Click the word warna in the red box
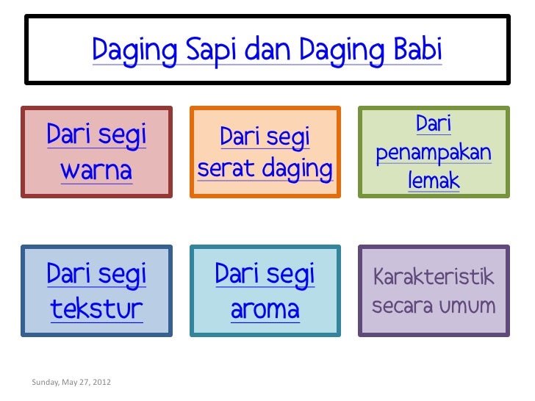[96, 170]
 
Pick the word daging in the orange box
[296, 170]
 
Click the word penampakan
[433, 153]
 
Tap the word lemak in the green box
[433, 181]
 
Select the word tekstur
[96, 309]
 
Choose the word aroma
[265, 309]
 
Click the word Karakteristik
[434, 278]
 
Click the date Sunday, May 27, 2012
[71, 382]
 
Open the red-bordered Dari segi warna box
[96, 152]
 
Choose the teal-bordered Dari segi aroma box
[265, 291]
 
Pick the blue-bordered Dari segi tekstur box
[96, 291]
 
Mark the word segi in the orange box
[285, 137]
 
